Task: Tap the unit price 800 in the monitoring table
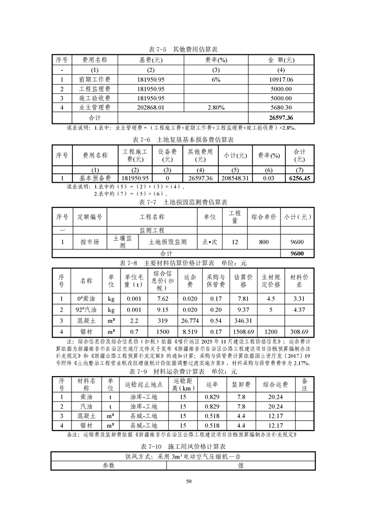(x=264, y=242)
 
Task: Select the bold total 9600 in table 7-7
(x=297, y=254)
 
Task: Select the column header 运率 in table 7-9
(x=212, y=385)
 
